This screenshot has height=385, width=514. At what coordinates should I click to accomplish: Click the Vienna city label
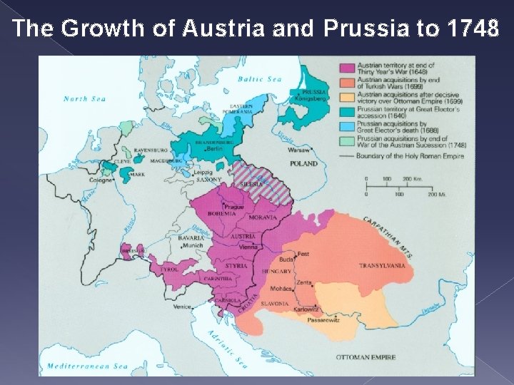pos(249,245)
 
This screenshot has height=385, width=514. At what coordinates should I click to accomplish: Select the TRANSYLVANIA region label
pos(382,265)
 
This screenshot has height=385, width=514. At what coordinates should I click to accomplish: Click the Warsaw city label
pos(299,151)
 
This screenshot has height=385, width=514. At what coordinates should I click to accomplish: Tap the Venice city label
pos(182,307)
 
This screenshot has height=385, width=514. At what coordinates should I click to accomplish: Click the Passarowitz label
pos(323,321)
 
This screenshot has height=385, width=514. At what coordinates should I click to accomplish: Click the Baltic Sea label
pos(260,79)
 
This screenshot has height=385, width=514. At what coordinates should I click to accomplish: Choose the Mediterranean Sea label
pos(87,366)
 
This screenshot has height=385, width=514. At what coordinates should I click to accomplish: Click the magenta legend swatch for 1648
pos(347,67)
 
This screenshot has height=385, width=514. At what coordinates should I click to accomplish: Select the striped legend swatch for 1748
pos(347,142)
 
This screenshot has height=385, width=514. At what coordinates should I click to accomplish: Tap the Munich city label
pos(193,245)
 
